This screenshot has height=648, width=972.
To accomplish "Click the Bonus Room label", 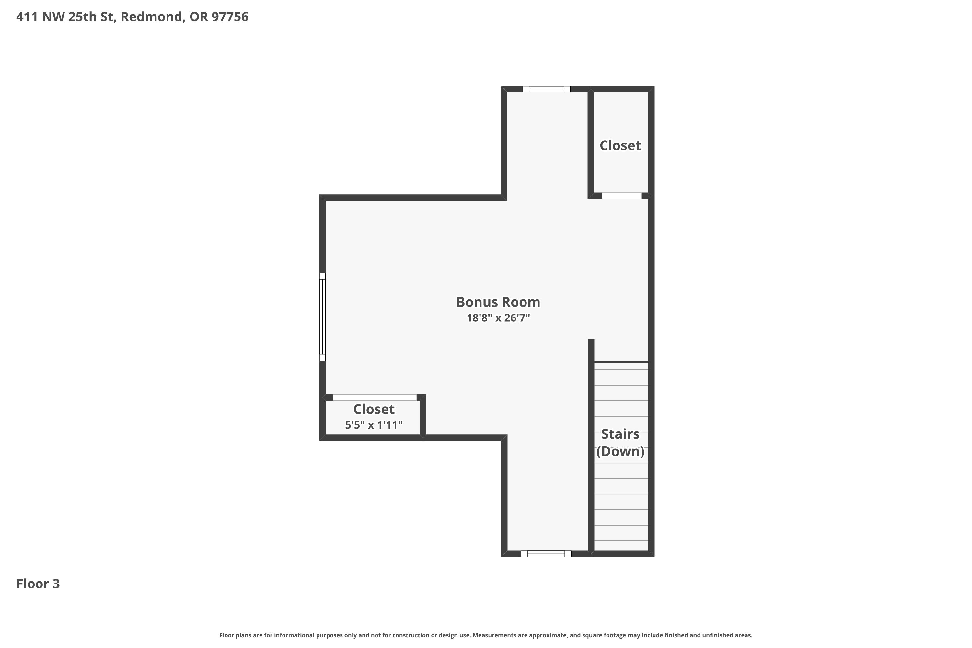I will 498,302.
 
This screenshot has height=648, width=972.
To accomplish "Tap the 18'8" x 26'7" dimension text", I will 498,318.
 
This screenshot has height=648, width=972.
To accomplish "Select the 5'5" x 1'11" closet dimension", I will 374,425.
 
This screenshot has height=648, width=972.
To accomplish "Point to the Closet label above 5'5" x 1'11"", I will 374,409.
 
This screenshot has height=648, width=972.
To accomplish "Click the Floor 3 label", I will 38,584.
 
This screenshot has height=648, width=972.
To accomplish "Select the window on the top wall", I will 546,89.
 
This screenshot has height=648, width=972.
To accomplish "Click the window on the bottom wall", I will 546,554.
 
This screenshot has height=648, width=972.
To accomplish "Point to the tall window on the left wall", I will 322,317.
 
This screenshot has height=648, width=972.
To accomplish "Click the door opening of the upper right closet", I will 621,196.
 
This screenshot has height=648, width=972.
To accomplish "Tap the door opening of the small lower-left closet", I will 375,398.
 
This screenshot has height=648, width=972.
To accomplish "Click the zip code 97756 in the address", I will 230,17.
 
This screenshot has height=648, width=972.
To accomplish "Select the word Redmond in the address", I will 151,17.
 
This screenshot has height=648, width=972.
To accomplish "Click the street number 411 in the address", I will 27,17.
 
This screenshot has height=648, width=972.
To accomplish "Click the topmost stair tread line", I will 621,362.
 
